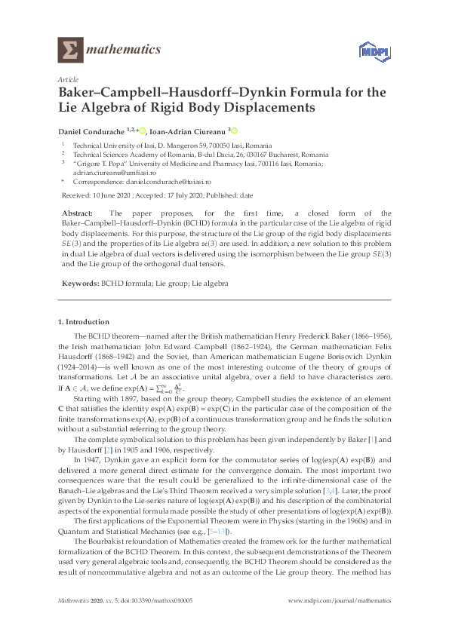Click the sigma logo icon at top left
(x=70, y=50)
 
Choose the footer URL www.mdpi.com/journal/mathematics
(x=344, y=600)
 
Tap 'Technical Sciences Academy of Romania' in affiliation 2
(x=128, y=153)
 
